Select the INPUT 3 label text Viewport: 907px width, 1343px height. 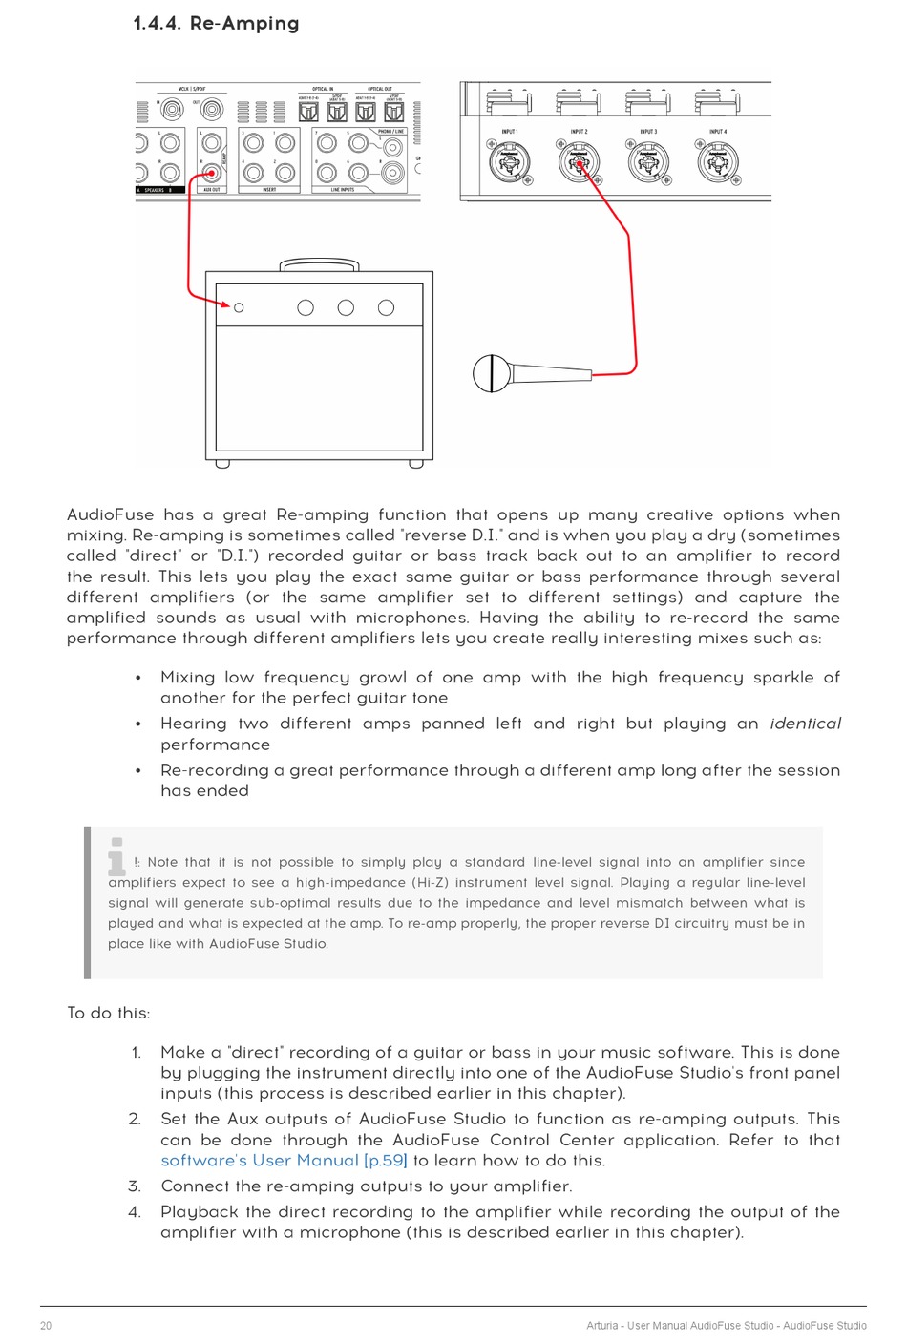(x=648, y=132)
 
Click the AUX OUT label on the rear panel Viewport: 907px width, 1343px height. (x=211, y=190)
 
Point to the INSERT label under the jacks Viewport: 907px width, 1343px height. (x=269, y=190)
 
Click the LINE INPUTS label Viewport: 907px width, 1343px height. (x=342, y=190)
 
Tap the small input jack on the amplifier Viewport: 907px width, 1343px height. (x=239, y=307)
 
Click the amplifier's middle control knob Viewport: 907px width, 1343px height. (x=346, y=307)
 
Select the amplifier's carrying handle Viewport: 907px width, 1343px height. (x=319, y=263)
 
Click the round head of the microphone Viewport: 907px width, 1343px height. (x=491, y=373)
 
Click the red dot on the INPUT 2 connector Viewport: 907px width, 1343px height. (x=579, y=163)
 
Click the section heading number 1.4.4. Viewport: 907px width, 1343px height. (x=157, y=24)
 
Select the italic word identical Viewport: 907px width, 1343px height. (x=805, y=724)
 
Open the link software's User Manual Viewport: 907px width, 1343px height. (x=260, y=1161)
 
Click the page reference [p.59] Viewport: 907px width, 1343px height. (x=386, y=1161)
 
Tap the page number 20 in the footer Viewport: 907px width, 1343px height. (x=46, y=1325)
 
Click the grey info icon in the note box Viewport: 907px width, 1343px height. (x=116, y=856)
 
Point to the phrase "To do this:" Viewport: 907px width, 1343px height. (x=108, y=1013)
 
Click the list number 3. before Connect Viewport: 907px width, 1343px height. (x=135, y=1186)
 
